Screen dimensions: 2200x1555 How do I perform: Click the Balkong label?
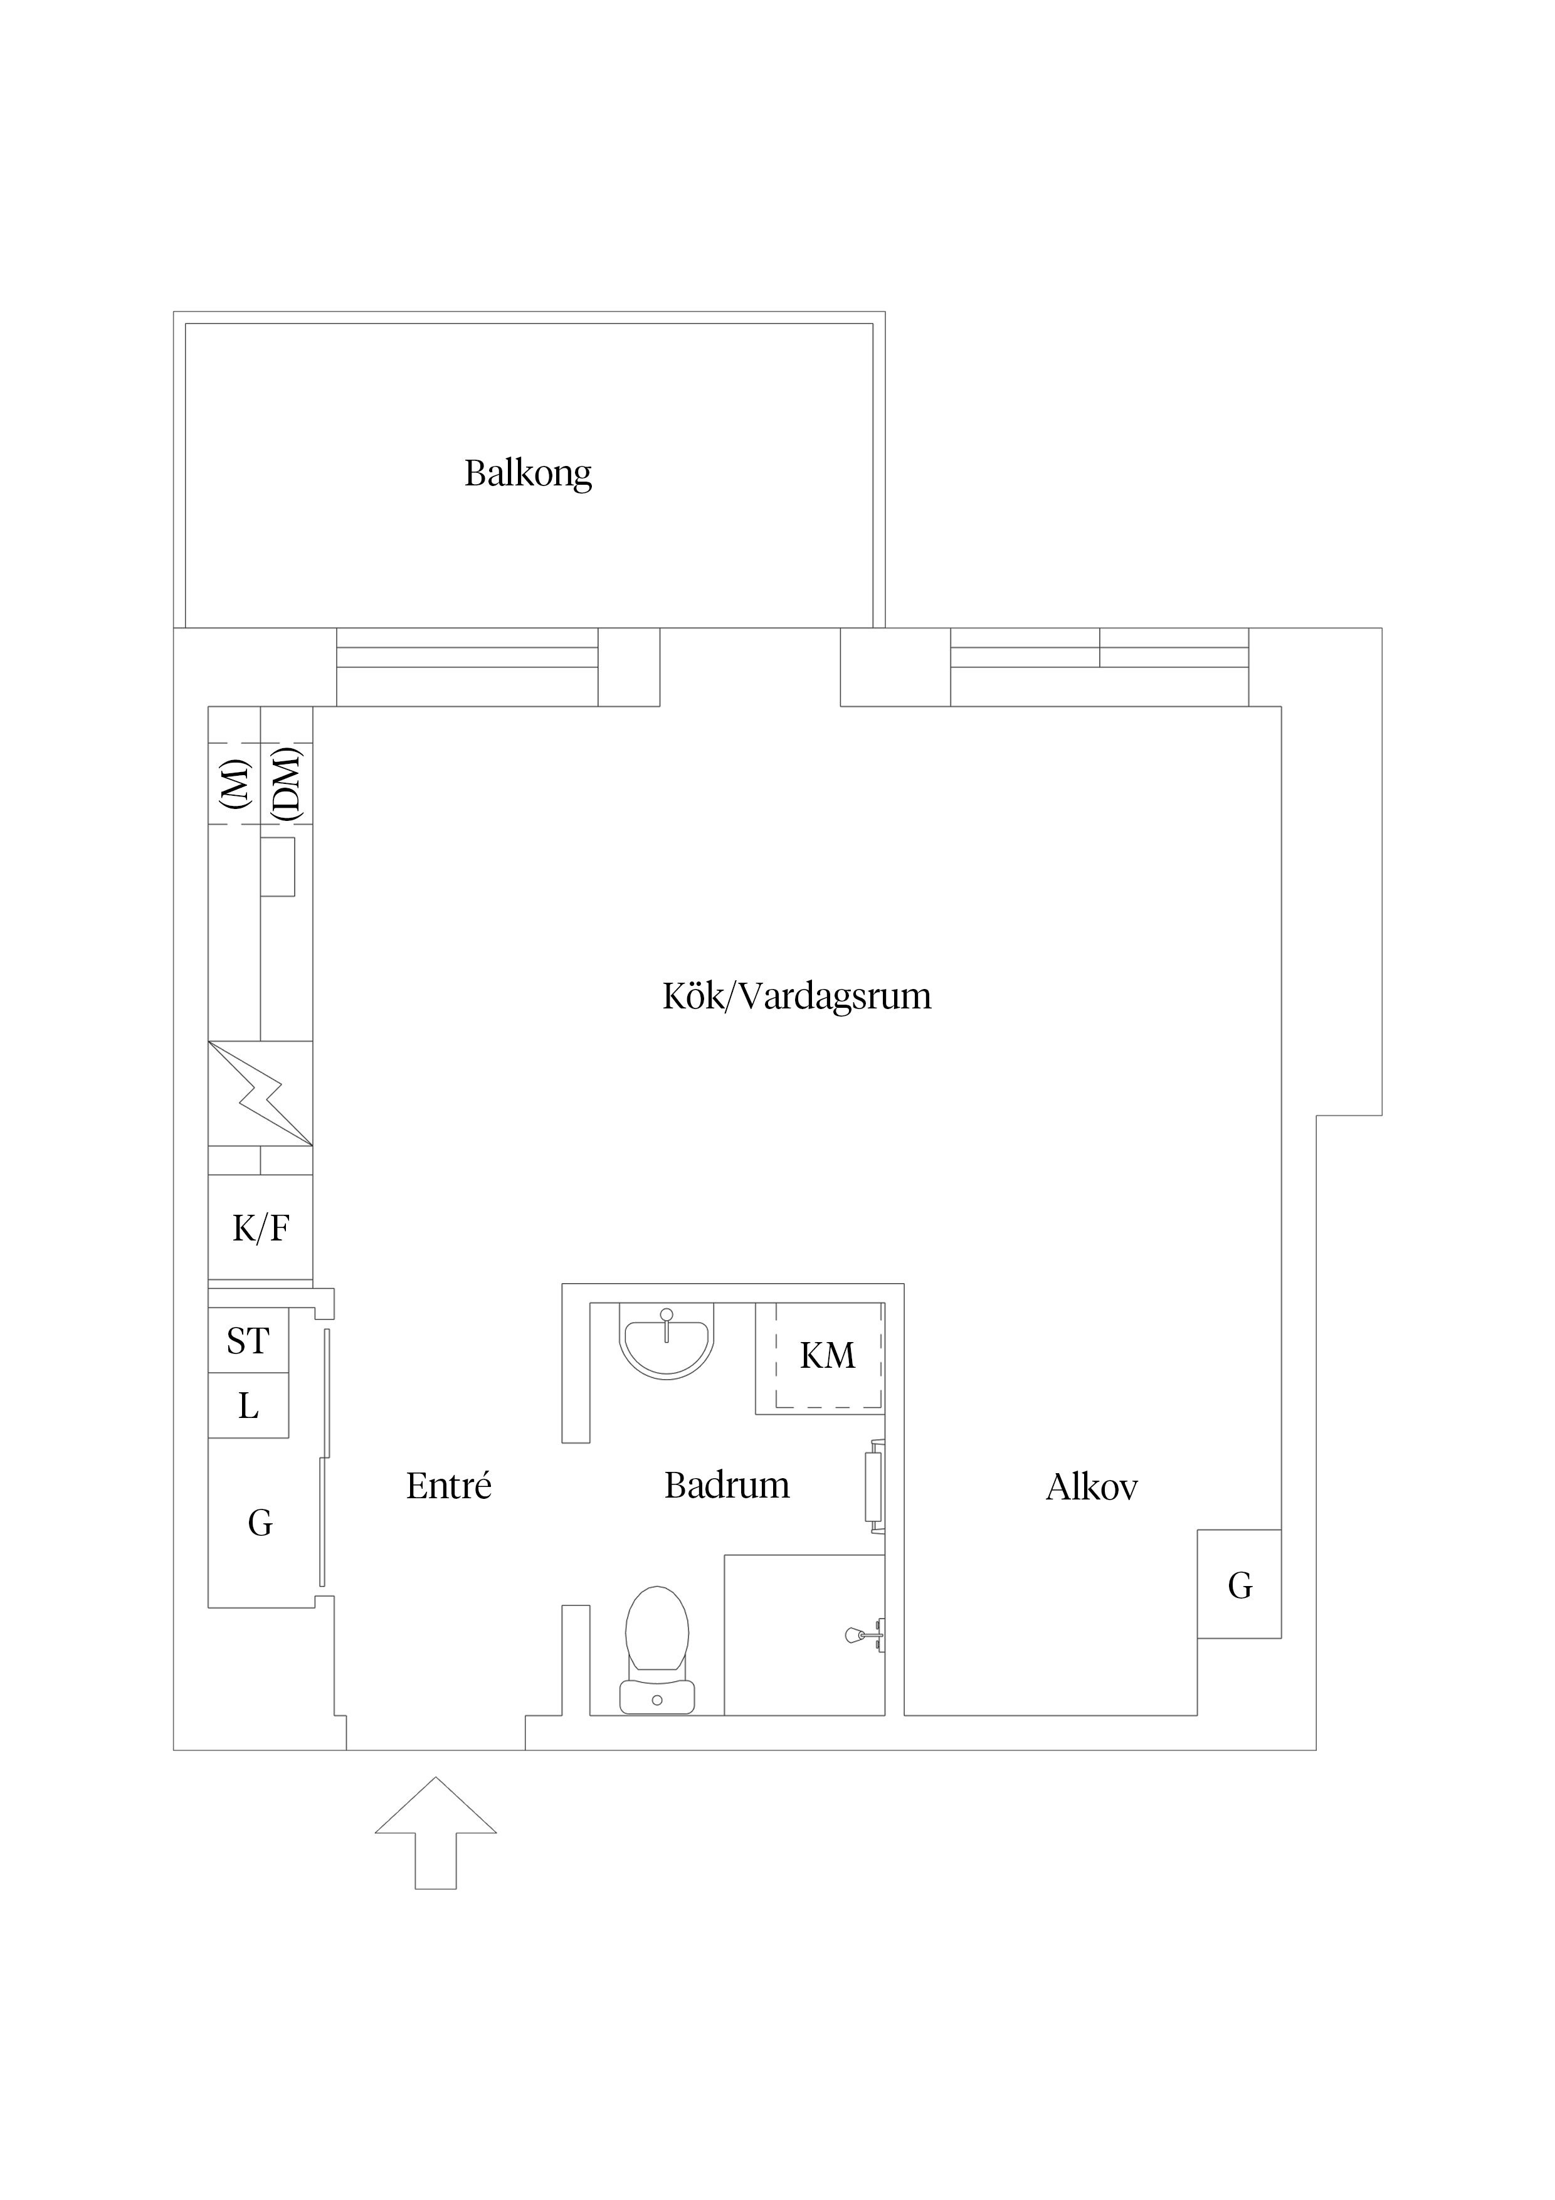click(528, 473)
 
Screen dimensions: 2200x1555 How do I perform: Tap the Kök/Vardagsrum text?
click(796, 997)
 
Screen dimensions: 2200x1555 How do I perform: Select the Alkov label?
click(1091, 1487)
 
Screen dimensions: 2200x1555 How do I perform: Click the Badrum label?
click(726, 1485)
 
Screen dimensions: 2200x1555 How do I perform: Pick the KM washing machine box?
click(828, 1356)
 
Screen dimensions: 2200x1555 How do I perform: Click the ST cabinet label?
click(248, 1340)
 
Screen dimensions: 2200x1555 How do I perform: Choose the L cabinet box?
click(248, 1405)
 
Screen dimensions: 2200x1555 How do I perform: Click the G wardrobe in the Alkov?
click(1239, 1586)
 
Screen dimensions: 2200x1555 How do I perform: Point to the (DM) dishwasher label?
click(287, 783)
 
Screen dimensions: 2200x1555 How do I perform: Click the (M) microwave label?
click(235, 783)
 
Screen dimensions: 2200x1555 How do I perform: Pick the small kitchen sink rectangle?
click(278, 867)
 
